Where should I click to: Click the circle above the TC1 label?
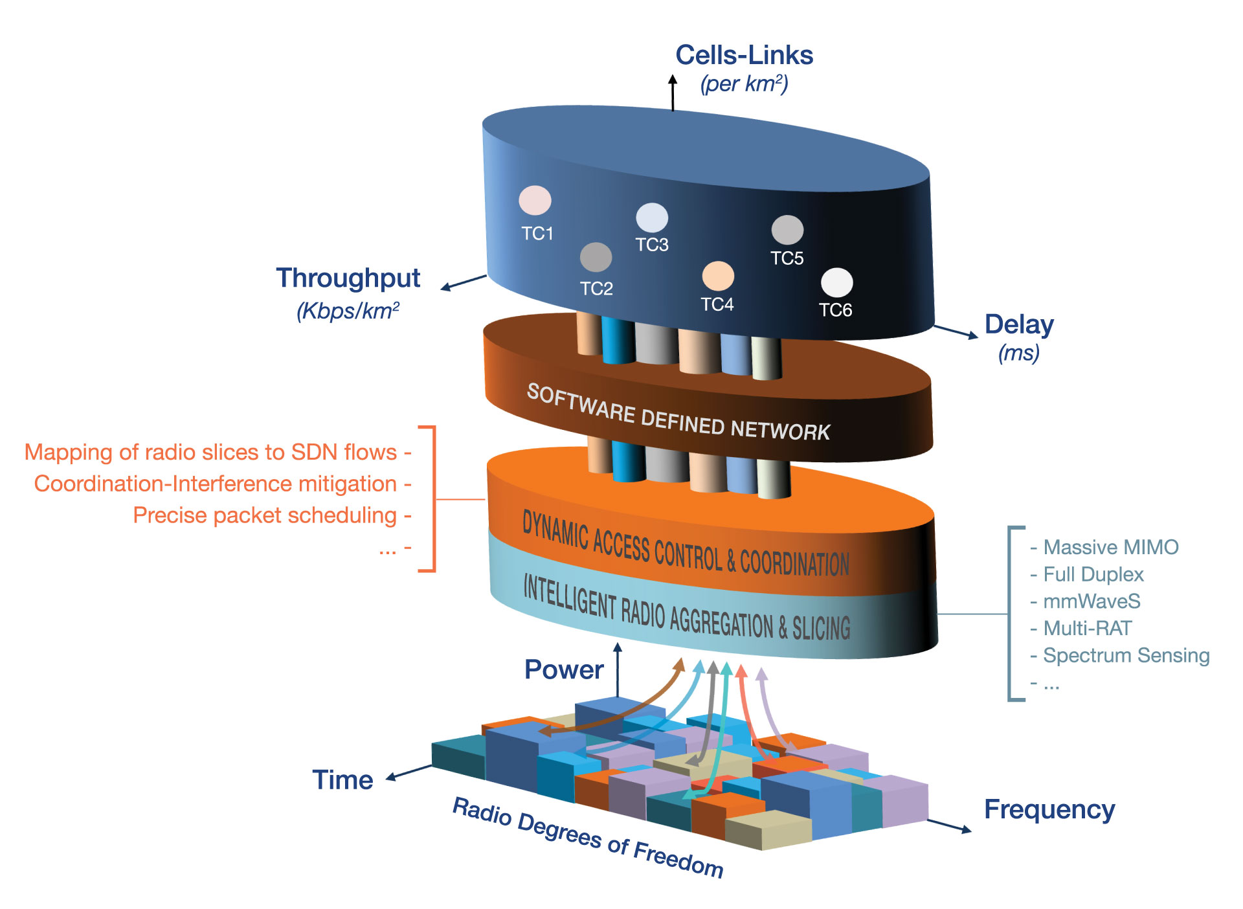(535, 200)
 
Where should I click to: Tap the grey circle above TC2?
(596, 257)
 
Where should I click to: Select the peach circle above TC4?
(718, 276)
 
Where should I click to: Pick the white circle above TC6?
(836, 282)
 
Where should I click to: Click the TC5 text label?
(787, 258)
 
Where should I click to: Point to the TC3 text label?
(651, 245)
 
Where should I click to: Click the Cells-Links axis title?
(744, 55)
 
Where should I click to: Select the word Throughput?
(348, 278)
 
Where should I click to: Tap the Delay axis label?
(1019, 324)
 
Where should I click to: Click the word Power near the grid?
(564, 669)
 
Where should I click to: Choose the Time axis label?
(342, 780)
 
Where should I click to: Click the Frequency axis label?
(1049, 809)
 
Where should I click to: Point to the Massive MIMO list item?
(1110, 547)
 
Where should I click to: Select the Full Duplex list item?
(1093, 574)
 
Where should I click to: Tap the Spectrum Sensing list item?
(1126, 655)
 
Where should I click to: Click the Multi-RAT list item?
(1087, 628)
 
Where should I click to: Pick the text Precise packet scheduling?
(265, 515)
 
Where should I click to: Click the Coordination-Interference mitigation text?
(216, 484)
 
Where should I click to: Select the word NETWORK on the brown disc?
(780, 430)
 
